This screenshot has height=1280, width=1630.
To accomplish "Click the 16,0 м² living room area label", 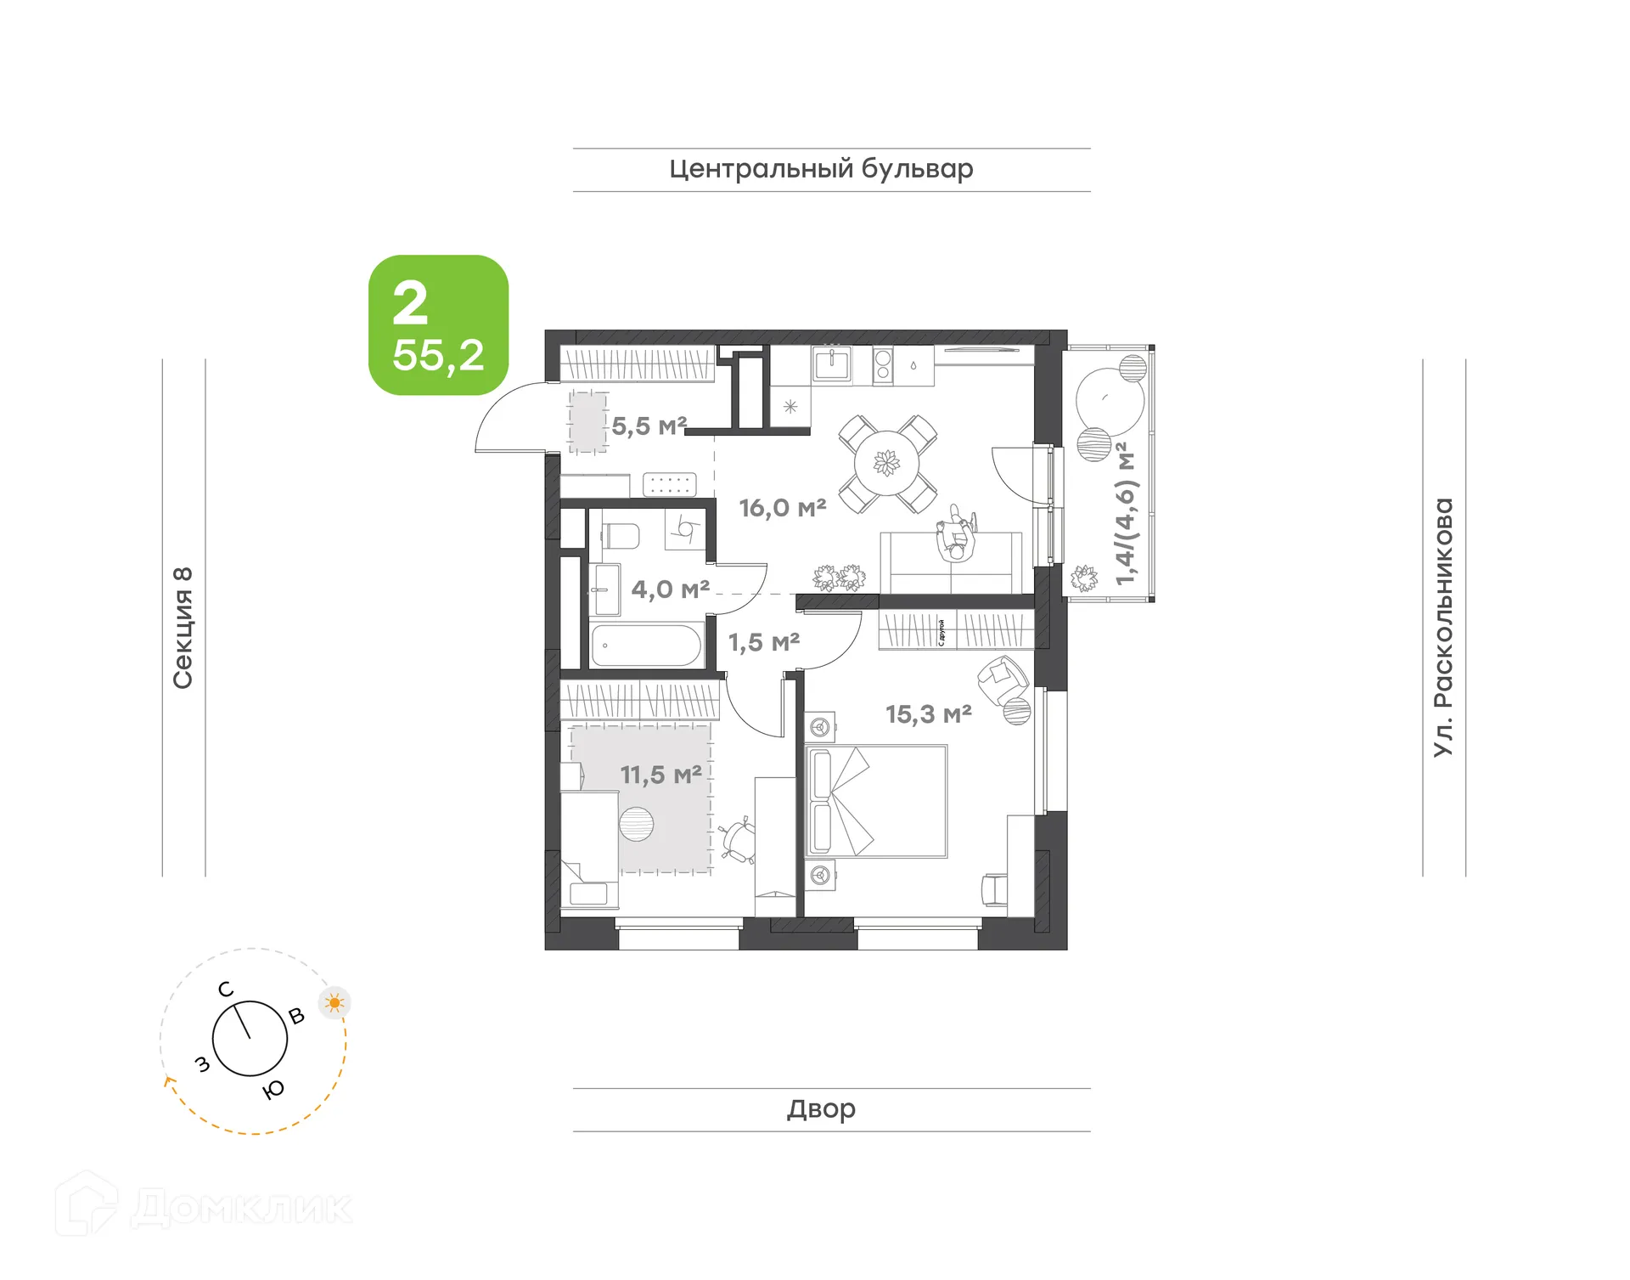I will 782,508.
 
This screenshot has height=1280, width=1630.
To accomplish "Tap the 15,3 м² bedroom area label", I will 928,714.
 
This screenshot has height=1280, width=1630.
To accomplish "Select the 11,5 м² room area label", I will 660,775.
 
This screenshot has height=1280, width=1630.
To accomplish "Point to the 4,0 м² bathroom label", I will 670,589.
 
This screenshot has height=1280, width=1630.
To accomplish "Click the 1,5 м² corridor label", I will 763,642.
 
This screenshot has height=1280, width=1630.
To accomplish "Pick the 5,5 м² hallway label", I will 649,426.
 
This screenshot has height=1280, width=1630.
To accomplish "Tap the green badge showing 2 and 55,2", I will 438,325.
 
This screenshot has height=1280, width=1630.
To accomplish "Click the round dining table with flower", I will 886,464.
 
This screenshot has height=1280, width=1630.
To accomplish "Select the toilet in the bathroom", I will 621,536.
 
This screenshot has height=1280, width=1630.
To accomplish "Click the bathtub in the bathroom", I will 646,646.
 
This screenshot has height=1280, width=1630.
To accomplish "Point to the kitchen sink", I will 832,364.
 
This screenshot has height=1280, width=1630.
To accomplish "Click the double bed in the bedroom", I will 876,802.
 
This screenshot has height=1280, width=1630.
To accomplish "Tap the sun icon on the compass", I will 334,1003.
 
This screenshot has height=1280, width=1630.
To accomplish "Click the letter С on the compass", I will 225,990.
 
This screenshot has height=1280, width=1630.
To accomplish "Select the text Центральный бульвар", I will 821,169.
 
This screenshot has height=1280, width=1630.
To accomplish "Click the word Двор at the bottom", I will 821,1108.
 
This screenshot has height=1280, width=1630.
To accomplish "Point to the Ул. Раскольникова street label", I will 1443,627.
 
